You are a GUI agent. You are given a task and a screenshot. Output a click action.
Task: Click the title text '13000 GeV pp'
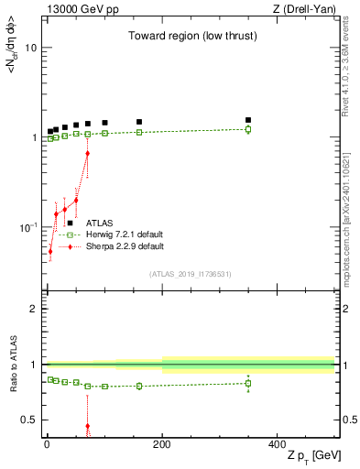[x=76, y=9]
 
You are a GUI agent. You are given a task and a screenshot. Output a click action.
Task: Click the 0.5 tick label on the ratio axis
[x=28, y=420]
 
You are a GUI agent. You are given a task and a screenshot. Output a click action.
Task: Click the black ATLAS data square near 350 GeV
[x=248, y=120]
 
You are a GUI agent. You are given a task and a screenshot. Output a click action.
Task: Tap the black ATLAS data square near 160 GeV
[x=139, y=122]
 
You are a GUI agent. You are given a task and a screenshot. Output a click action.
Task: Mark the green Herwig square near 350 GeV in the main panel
[x=248, y=129]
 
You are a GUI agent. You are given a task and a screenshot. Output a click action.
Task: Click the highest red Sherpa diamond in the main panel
[x=87, y=153]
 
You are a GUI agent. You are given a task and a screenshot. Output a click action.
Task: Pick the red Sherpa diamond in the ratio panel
[x=87, y=426]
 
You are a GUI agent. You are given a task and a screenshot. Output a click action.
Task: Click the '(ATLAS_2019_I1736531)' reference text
[x=189, y=273]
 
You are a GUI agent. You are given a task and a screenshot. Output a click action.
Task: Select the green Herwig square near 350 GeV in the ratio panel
[x=248, y=383]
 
